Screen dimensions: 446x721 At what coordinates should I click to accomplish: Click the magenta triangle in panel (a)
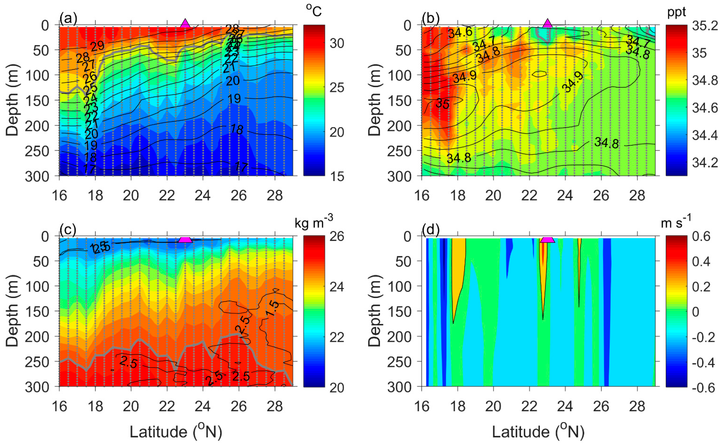185,23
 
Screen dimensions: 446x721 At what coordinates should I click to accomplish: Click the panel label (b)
430,18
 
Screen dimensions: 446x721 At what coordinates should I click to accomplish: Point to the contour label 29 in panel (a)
97,46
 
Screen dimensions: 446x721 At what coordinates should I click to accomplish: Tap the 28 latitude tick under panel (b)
637,195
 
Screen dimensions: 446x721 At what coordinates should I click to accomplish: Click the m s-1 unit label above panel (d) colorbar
676,223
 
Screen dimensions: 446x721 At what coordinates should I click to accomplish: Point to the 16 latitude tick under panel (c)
59,406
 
